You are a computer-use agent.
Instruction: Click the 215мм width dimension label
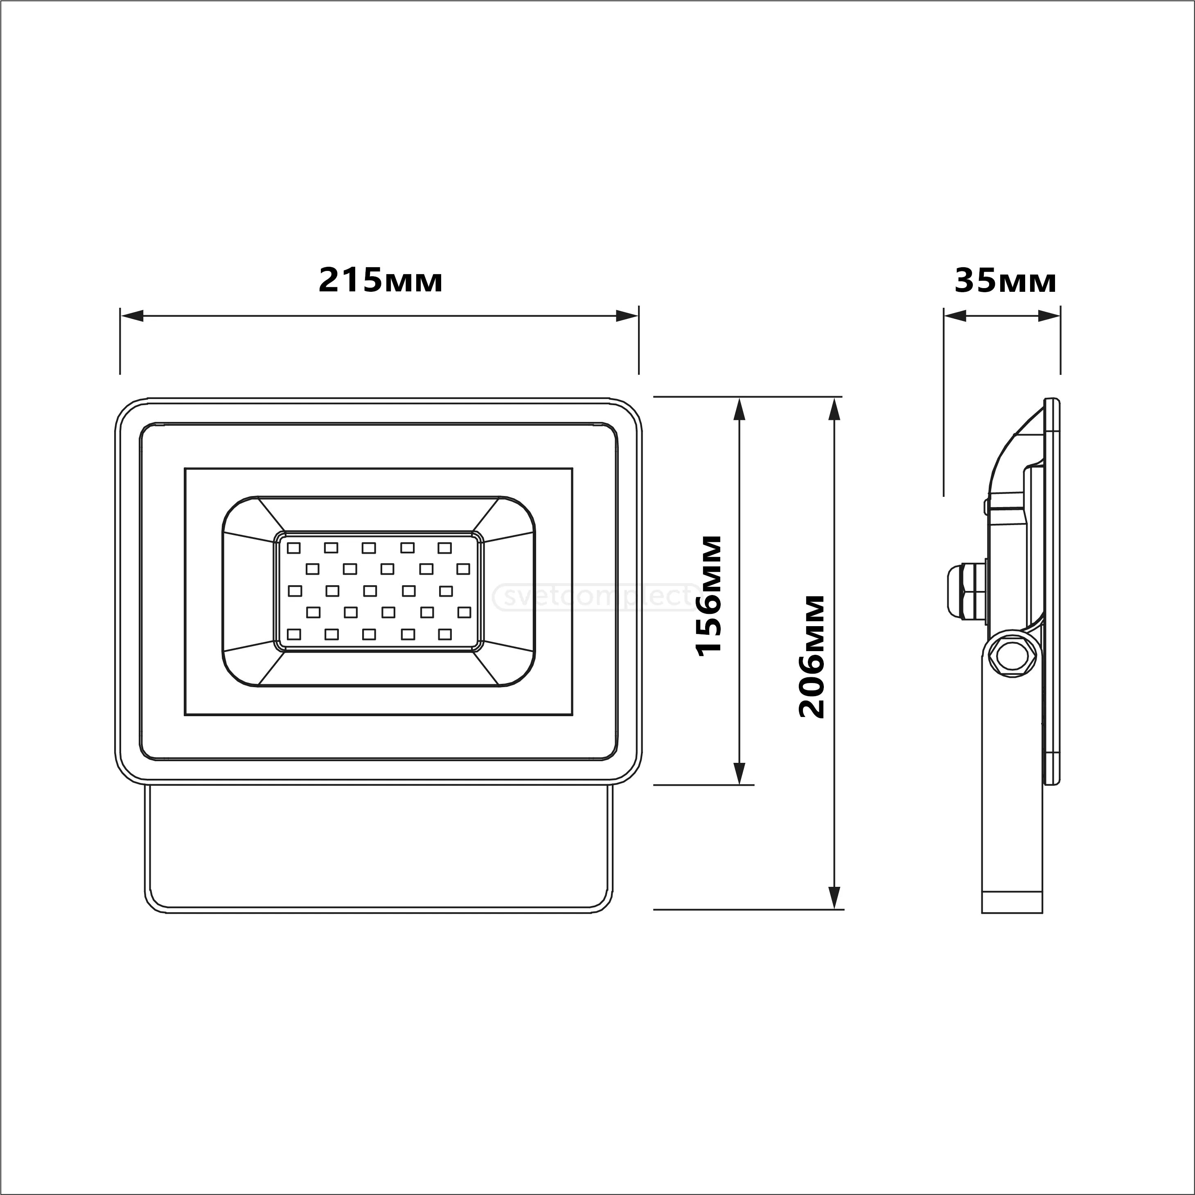click(x=381, y=281)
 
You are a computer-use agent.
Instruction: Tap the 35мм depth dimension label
click(x=1005, y=281)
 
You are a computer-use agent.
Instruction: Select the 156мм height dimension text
click(x=709, y=595)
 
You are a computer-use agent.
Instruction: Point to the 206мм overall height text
click(x=812, y=656)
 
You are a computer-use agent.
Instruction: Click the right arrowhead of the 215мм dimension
click(x=627, y=316)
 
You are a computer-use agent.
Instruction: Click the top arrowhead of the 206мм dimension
click(x=835, y=410)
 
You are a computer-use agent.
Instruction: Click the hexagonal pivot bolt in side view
click(x=1012, y=657)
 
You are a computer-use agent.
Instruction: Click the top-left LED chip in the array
click(x=294, y=548)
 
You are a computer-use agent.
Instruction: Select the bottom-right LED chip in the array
click(x=445, y=634)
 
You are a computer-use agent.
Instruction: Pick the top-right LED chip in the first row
click(x=445, y=548)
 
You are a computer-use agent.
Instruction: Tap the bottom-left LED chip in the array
click(x=294, y=634)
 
